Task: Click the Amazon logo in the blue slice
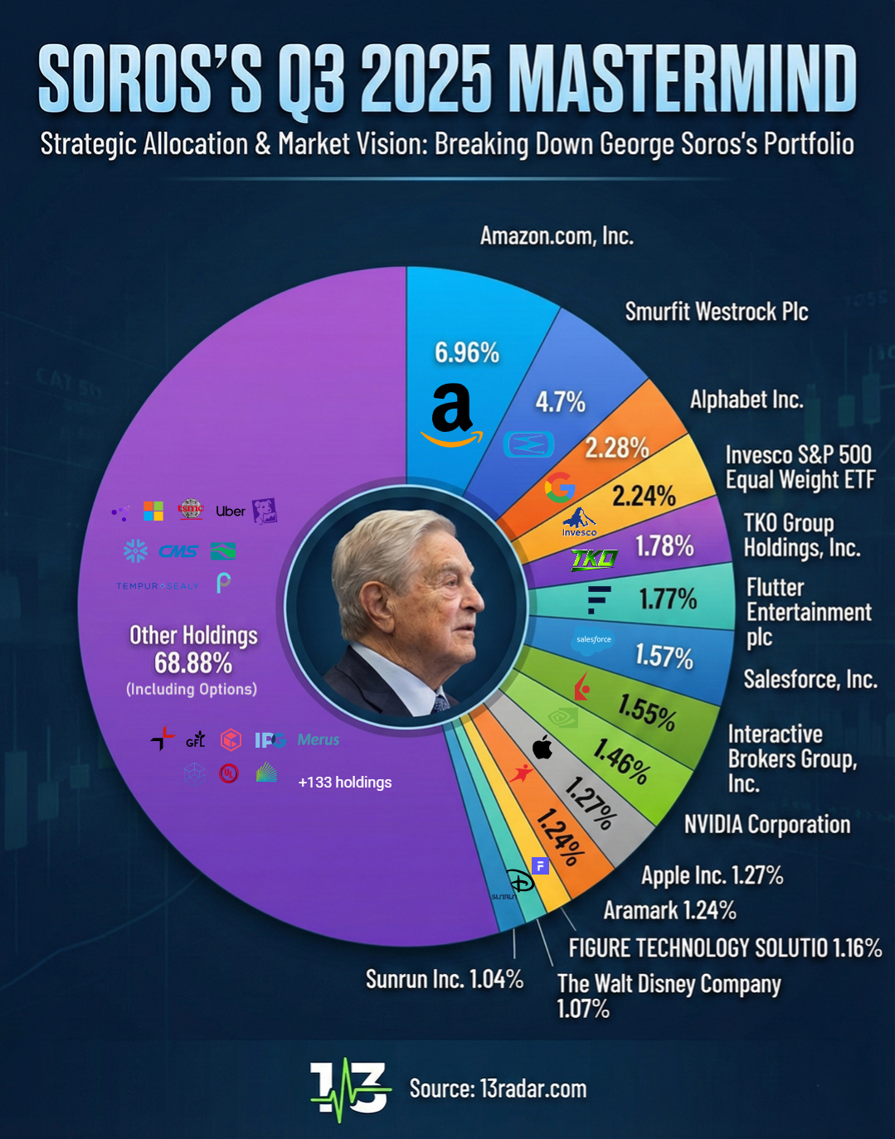pyautogui.click(x=451, y=414)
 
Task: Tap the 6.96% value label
pyautogui.click(x=467, y=352)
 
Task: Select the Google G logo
pyautogui.click(x=560, y=487)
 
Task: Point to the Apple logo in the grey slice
pyautogui.click(x=542, y=747)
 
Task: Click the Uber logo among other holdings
pyautogui.click(x=231, y=511)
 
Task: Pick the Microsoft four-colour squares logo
pyautogui.click(x=153, y=511)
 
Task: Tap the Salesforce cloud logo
pyautogui.click(x=594, y=639)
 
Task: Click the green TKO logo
pyautogui.click(x=595, y=560)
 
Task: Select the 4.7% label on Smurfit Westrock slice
pyautogui.click(x=560, y=402)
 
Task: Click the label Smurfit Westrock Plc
pyautogui.click(x=716, y=312)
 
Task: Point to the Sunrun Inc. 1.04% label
pyautogui.click(x=445, y=979)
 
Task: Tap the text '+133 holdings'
pyautogui.click(x=345, y=782)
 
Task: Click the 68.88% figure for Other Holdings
pyautogui.click(x=193, y=663)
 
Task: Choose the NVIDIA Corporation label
pyautogui.click(x=767, y=824)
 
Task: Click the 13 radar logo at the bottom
pyautogui.click(x=350, y=1088)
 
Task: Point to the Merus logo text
pyautogui.click(x=319, y=739)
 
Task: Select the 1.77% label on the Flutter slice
pyautogui.click(x=668, y=599)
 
